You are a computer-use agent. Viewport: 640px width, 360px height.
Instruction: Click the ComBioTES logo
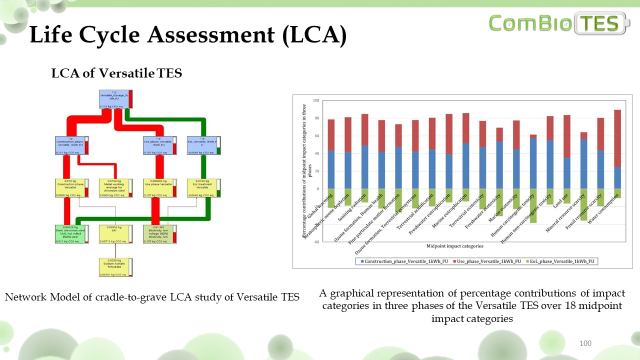(x=559, y=23)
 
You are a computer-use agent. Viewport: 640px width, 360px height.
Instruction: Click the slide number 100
(x=585, y=343)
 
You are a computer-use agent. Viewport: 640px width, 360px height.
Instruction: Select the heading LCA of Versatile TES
(x=116, y=73)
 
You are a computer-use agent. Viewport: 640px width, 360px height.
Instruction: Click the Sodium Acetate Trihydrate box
(x=116, y=267)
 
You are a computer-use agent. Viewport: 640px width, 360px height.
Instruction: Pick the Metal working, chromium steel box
(x=116, y=188)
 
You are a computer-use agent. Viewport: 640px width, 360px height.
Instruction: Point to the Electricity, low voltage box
(x=160, y=234)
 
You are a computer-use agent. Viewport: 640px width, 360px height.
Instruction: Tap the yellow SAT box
(x=116, y=234)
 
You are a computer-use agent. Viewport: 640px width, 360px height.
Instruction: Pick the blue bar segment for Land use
(x=566, y=173)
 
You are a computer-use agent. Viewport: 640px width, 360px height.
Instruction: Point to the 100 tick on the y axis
(x=316, y=100)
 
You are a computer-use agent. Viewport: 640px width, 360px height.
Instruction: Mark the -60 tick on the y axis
(x=316, y=241)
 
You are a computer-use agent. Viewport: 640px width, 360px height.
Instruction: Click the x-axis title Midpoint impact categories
(x=455, y=246)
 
